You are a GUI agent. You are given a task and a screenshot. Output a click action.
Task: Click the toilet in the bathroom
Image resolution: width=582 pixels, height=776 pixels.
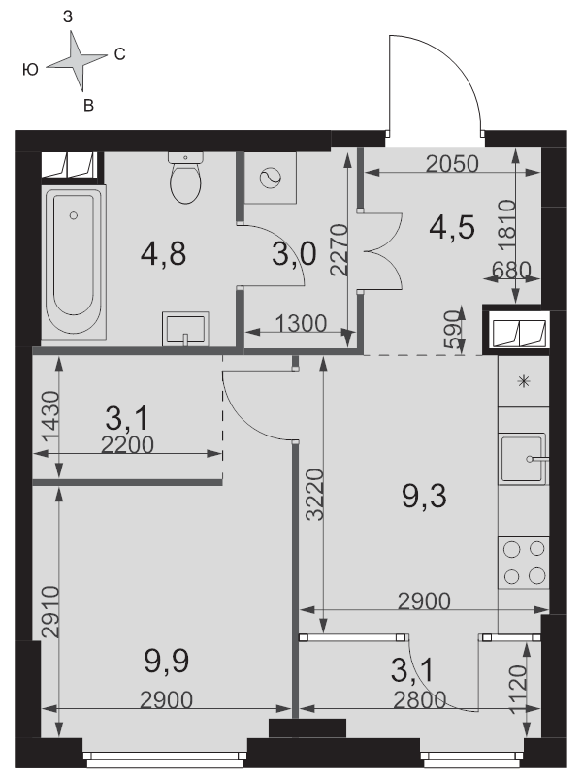pyautogui.click(x=185, y=178)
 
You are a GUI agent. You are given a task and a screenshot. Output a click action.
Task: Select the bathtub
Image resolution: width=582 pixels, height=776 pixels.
pyautogui.click(x=74, y=263)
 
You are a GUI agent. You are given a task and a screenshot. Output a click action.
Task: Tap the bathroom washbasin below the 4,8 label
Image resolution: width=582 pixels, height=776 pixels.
pyautogui.click(x=185, y=329)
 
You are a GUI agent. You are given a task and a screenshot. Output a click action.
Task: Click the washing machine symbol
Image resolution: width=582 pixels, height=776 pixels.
pyautogui.click(x=271, y=178)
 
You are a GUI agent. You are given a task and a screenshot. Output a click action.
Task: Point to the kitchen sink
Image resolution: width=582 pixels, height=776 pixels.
pyautogui.click(x=524, y=458)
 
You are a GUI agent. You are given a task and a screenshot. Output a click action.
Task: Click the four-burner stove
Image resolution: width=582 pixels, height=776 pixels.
pyautogui.click(x=524, y=563)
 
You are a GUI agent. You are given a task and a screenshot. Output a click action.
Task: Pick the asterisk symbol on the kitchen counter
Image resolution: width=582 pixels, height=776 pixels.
pyautogui.click(x=524, y=381)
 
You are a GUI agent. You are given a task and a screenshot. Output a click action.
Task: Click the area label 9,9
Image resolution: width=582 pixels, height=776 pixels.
pyautogui.click(x=166, y=662)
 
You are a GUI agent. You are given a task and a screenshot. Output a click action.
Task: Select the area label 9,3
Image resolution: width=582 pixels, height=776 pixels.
pyautogui.click(x=424, y=497)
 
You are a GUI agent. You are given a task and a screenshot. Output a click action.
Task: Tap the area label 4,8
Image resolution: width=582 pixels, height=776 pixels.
pyautogui.click(x=163, y=254)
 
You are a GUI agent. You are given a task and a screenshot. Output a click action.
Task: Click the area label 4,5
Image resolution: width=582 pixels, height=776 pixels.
pyautogui.click(x=452, y=228)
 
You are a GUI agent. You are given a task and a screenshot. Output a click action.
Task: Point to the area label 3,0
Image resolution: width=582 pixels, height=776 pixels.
pyautogui.click(x=294, y=254)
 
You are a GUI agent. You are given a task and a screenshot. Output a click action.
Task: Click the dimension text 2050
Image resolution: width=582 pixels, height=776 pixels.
pyautogui.click(x=452, y=164)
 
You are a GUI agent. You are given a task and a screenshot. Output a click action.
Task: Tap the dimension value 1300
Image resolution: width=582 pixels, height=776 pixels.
pyautogui.click(x=301, y=324)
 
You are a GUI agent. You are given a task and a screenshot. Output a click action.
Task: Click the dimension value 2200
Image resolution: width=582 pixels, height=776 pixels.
pyautogui.click(x=127, y=445)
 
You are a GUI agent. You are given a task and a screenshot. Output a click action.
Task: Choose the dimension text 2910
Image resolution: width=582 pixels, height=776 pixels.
pyautogui.click(x=50, y=612)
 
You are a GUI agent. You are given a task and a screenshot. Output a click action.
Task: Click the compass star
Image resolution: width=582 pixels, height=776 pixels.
pyautogui.click(x=78, y=61)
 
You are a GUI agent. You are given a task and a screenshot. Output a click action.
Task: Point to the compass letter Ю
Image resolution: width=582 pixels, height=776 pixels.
pyautogui.click(x=30, y=70)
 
